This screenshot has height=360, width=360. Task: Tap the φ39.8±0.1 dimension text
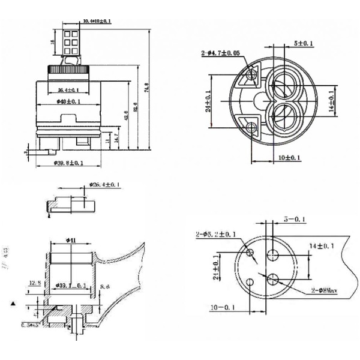tap(68, 163)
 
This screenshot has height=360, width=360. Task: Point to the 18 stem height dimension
tap(53, 43)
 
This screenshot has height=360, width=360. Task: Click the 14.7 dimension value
tap(116, 137)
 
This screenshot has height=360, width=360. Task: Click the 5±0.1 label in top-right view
tap(304, 43)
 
